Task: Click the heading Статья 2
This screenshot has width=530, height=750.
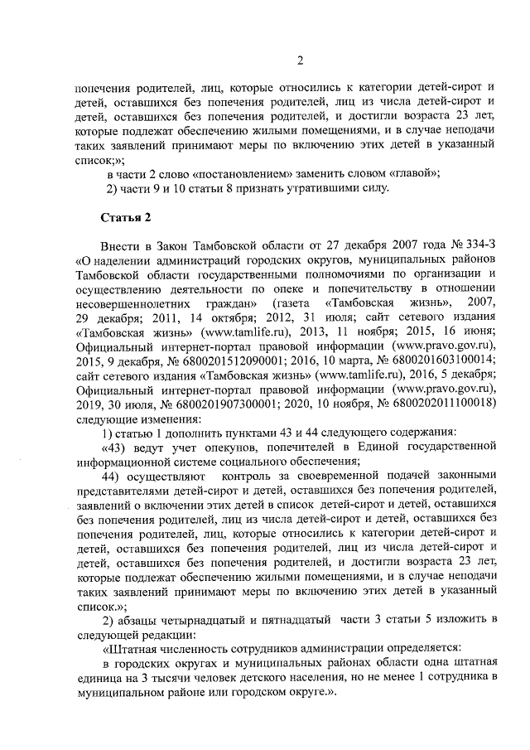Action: coord(126,217)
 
